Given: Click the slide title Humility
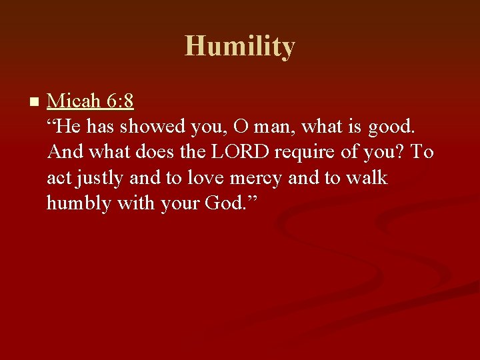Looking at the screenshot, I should pos(240,47).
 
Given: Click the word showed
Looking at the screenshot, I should pos(147,127).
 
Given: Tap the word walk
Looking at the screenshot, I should pos(367,177).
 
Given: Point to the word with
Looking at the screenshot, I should pos(136,203).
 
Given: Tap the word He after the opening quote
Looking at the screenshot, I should pos(69,127).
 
